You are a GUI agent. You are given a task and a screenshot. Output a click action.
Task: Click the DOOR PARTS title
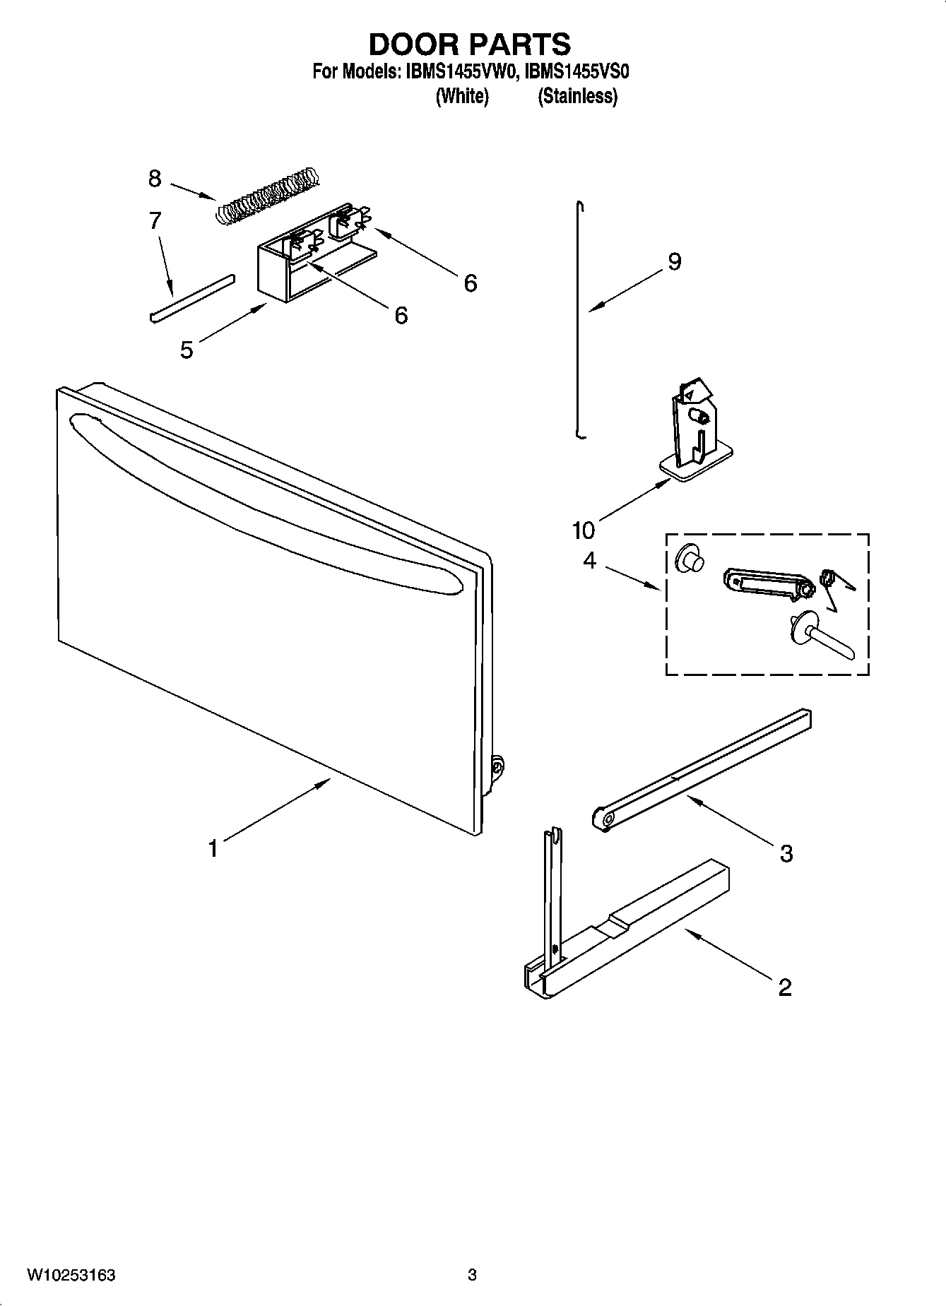pos(470,44)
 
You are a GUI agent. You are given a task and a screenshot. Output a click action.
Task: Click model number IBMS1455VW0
pos(463,72)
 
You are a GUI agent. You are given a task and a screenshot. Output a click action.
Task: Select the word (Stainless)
pos(577,96)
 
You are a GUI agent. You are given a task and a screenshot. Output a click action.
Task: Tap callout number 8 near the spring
pos(155,178)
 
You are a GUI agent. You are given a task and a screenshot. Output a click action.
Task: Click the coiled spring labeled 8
pos(267,196)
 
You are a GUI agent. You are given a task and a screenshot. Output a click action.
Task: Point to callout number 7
pos(155,220)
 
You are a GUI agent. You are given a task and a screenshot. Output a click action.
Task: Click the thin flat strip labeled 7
pos(191,297)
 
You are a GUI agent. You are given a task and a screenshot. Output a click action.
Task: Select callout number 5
pos(186,349)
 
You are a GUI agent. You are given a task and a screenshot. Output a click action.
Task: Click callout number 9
pos(675,261)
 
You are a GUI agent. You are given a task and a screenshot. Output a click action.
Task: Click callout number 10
pos(584,529)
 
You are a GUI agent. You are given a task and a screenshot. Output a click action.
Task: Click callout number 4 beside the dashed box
pos(589,561)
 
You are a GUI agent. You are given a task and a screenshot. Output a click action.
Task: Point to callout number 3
pos(786,853)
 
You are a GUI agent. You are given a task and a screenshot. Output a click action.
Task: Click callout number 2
pos(785,987)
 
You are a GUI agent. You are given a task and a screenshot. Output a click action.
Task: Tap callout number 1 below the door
pos(213,848)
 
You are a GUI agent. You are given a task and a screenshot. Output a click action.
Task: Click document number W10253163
pos(71,1275)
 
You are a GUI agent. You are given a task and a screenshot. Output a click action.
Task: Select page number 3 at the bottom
pos(472,1275)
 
